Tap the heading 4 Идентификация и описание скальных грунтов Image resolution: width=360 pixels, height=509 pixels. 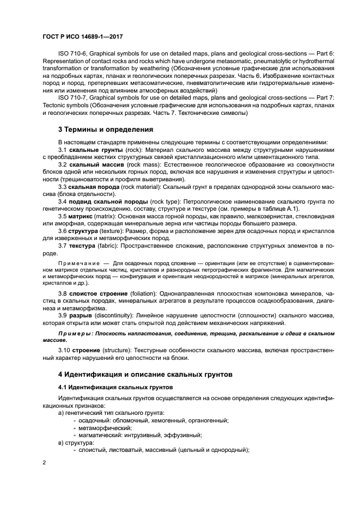point(145,375)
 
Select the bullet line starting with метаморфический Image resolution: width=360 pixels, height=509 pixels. point(101,428)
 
